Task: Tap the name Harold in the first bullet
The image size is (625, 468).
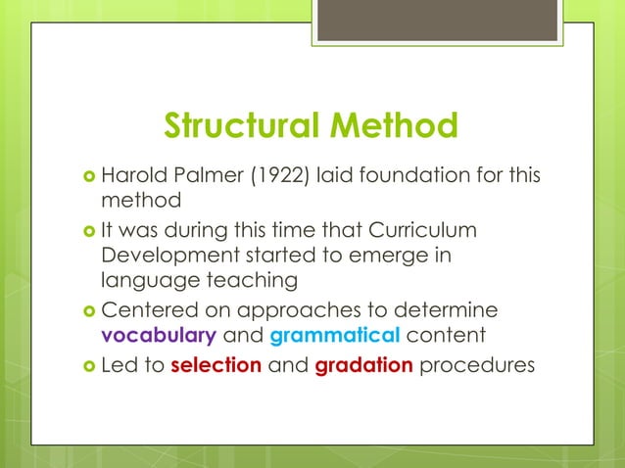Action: pos(134,178)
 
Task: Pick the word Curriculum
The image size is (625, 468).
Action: pos(424,230)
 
